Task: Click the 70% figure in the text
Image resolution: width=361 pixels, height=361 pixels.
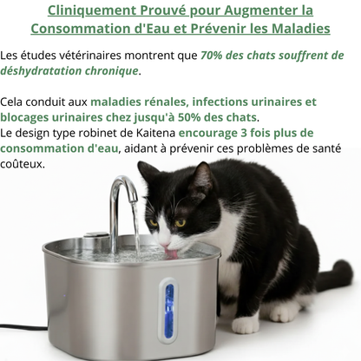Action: coord(213,55)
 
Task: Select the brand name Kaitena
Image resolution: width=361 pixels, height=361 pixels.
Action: coord(154,133)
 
